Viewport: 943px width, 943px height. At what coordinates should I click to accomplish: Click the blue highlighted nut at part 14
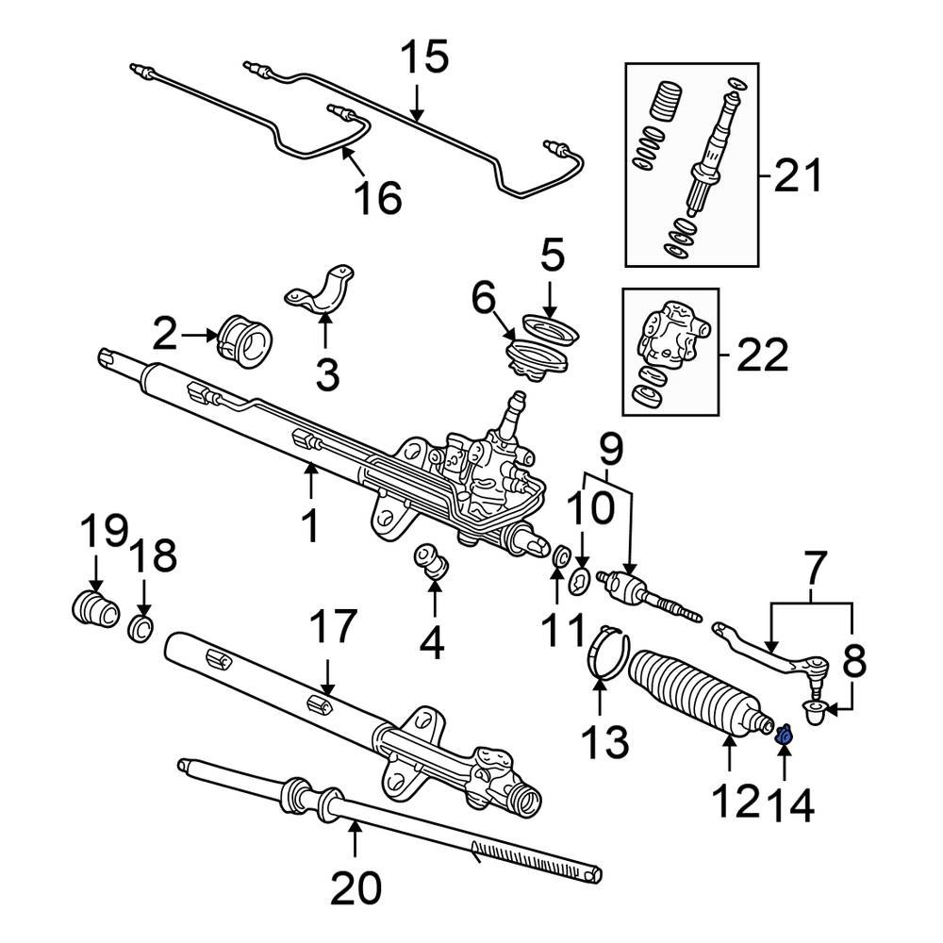point(783,734)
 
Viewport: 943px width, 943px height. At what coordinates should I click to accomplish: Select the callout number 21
point(797,176)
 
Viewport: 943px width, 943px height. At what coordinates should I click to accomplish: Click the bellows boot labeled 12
point(698,698)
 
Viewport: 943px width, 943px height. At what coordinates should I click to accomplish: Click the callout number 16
point(377,198)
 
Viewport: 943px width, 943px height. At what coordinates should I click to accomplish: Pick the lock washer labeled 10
point(581,583)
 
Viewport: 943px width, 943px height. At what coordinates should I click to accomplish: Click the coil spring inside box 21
point(669,99)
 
